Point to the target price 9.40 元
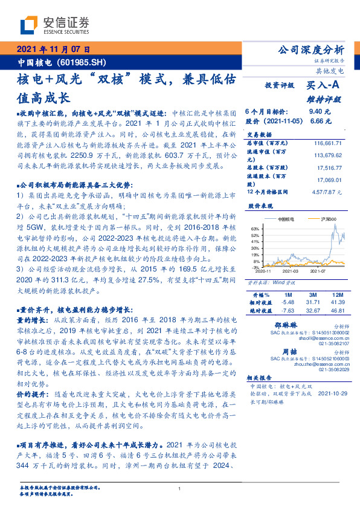coord(320,112)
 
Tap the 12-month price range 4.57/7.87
coord(327,192)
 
